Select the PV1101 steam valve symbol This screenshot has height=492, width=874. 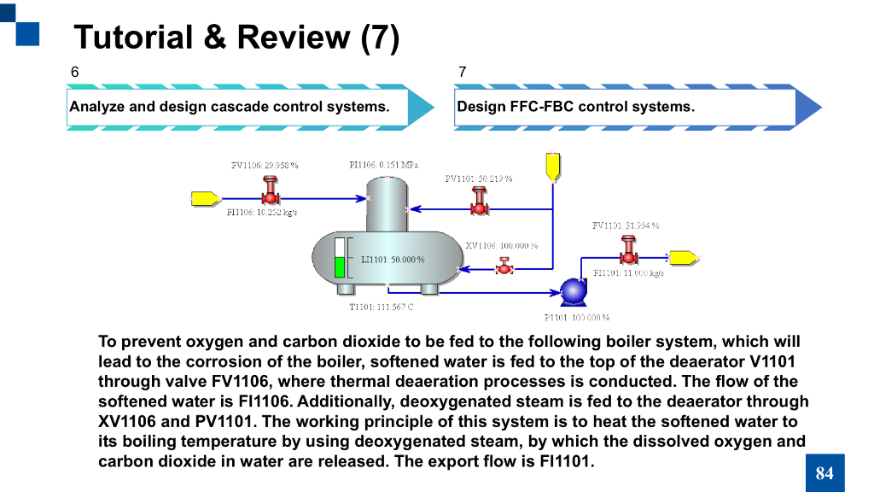(480, 202)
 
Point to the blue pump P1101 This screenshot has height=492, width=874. (572, 291)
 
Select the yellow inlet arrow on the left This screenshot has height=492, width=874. (205, 198)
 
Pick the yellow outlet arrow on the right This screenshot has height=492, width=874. (683, 257)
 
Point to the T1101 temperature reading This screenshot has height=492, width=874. (382, 307)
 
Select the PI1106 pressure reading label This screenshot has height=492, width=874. (384, 164)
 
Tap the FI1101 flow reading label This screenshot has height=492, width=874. (628, 273)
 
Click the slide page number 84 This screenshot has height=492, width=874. (824, 473)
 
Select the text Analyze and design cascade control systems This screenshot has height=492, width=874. (230, 107)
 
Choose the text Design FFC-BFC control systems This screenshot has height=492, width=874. (576, 107)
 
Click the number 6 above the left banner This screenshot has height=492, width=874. (74, 72)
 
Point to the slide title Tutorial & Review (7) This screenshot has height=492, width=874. (236, 37)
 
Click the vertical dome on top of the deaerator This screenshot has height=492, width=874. (389, 203)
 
